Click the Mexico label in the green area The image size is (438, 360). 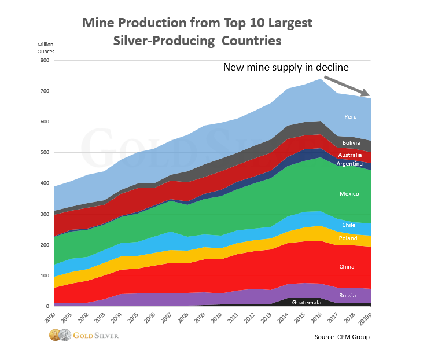coord(349,194)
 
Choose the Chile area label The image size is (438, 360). coord(349,225)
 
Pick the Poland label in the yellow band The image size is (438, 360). coord(348,238)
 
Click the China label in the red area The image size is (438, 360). coord(347,267)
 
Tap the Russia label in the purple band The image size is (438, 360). coord(348,295)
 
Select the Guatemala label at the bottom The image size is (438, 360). coord(307,302)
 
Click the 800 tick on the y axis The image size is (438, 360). coord(44,60)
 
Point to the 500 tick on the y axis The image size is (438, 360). coord(44,153)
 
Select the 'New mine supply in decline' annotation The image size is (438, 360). coord(286,68)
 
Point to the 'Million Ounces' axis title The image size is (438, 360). coord(46,48)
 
